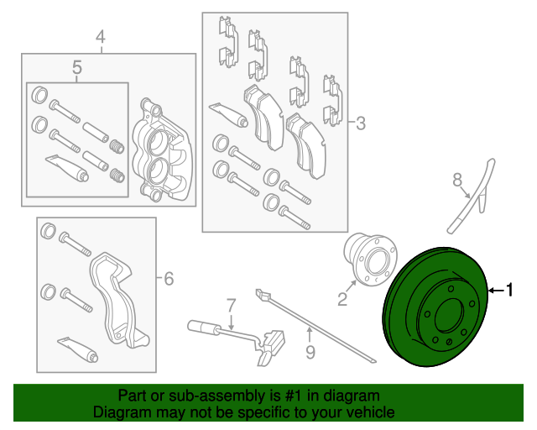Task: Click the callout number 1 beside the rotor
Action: (x=509, y=290)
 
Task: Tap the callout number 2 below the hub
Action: (x=342, y=299)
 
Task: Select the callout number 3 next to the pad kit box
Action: (x=361, y=123)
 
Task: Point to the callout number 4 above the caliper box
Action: (x=101, y=37)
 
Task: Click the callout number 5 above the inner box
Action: (x=77, y=67)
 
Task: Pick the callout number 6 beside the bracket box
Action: (x=169, y=279)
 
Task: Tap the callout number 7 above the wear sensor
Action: (x=232, y=305)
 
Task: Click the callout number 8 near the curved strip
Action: (x=457, y=180)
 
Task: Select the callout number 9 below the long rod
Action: (x=310, y=352)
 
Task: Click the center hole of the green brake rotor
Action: (x=448, y=315)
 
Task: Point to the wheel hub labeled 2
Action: (x=371, y=259)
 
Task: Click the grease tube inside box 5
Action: (x=67, y=167)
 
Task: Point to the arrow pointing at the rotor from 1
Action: (x=496, y=291)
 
